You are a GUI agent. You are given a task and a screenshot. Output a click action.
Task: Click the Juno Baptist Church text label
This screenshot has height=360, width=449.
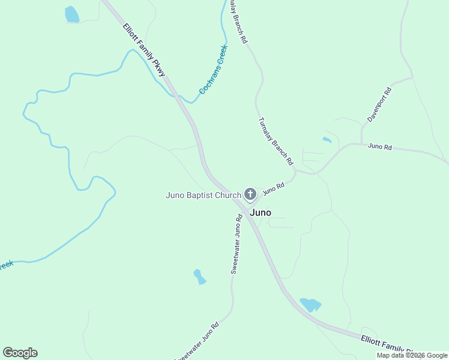tap(203, 195)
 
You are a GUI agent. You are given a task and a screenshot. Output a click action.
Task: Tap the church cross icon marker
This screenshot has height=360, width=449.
tap(250, 194)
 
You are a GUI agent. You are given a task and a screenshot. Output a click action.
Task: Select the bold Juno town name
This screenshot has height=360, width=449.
tap(260, 212)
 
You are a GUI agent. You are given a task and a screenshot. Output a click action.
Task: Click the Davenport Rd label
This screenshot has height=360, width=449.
tap(379, 105)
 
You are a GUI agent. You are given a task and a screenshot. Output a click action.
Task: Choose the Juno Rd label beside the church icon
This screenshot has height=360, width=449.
tap(273, 188)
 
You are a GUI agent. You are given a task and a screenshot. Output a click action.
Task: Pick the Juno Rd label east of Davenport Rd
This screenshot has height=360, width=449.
tap(379, 146)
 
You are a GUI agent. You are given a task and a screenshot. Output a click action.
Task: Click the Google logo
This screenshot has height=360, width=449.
tap(20, 353)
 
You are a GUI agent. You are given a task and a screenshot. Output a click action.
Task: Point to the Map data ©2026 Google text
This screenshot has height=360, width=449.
tap(412, 355)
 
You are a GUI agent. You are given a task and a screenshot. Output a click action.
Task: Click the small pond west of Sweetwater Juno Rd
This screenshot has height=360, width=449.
tap(199, 277)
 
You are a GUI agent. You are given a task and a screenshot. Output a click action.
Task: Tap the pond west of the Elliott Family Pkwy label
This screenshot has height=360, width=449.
tap(72, 14)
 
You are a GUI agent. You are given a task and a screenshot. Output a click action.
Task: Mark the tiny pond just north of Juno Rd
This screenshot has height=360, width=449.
tap(327, 140)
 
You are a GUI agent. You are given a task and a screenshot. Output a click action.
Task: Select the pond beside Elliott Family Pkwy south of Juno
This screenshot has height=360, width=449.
tap(310, 304)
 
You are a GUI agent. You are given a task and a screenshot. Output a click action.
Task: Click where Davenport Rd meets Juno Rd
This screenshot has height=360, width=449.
tap(362, 143)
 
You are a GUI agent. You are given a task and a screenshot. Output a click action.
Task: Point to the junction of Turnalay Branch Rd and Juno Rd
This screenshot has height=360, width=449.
tap(295, 170)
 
